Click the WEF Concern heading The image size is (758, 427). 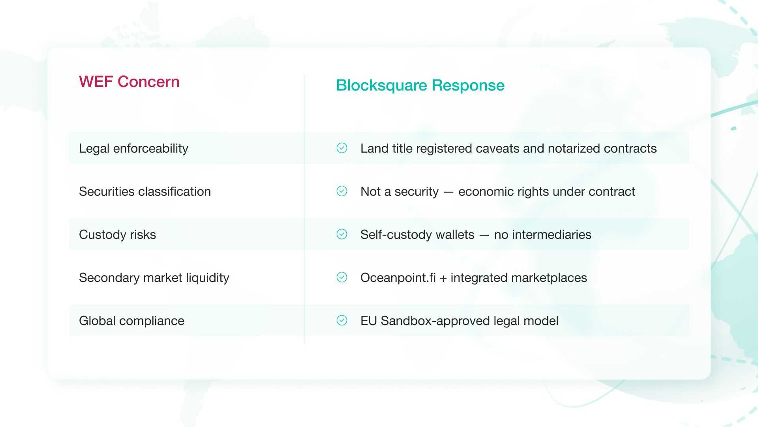pyautogui.click(x=129, y=82)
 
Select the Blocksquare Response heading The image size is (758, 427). pyautogui.click(x=420, y=86)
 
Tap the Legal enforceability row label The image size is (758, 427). pyautogui.click(x=133, y=149)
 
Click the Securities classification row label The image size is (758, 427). pyautogui.click(x=145, y=191)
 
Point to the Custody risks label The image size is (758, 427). pyautogui.click(x=117, y=235)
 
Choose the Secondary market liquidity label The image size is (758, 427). pyautogui.click(x=154, y=278)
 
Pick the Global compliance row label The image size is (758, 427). pyautogui.click(x=131, y=321)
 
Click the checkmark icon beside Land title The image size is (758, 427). pyautogui.click(x=342, y=148)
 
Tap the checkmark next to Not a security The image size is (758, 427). pyautogui.click(x=342, y=191)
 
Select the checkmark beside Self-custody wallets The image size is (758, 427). pyautogui.click(x=342, y=234)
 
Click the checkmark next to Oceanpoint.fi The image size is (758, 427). pyautogui.click(x=342, y=277)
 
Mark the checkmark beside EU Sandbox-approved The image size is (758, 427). pyautogui.click(x=342, y=320)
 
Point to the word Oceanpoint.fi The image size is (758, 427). pyautogui.click(x=398, y=278)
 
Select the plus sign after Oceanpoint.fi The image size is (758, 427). pyautogui.click(x=443, y=279)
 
